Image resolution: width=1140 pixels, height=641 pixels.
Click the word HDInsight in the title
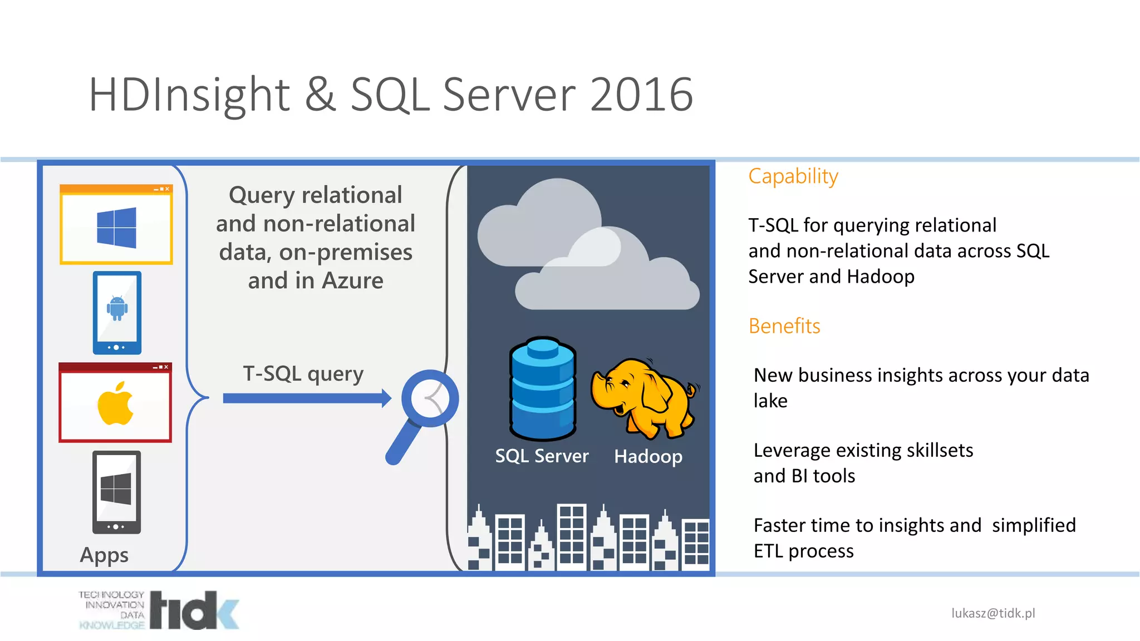tap(189, 95)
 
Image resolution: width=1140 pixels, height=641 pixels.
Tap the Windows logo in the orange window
tap(116, 228)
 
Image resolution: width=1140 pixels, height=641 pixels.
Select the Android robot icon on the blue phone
tap(117, 308)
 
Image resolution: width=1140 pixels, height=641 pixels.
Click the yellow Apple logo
tap(115, 404)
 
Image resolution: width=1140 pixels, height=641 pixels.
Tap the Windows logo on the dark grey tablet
tap(116, 489)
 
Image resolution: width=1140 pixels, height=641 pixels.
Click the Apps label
tap(104, 555)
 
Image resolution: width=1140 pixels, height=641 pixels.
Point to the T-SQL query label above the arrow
tap(303, 373)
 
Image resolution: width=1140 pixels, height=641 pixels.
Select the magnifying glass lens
tap(430, 398)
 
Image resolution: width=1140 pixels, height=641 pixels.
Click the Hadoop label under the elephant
tap(648, 456)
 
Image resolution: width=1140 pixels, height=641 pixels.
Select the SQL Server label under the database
tap(542, 456)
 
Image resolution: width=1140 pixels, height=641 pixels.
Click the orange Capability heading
tap(793, 176)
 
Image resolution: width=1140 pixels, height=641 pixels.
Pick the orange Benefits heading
tap(784, 326)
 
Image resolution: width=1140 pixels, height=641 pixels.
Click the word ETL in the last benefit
tap(768, 551)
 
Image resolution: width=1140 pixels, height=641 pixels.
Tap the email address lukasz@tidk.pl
tap(993, 613)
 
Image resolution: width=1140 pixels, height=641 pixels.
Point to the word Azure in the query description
tap(352, 280)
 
